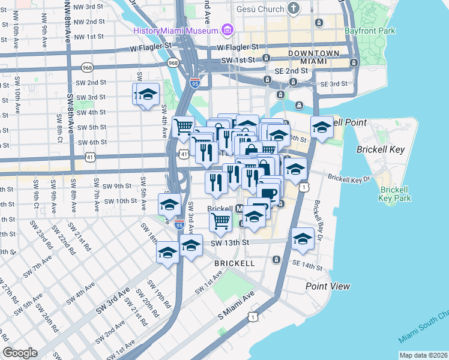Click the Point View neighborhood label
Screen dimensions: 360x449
pyautogui.click(x=328, y=286)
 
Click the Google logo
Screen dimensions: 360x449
pyautogui.click(x=20, y=353)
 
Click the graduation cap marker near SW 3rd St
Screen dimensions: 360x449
pyautogui.click(x=148, y=95)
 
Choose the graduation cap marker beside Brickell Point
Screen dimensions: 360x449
pyautogui.click(x=322, y=127)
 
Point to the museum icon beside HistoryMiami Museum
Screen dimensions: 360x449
pyautogui.click(x=227, y=30)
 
